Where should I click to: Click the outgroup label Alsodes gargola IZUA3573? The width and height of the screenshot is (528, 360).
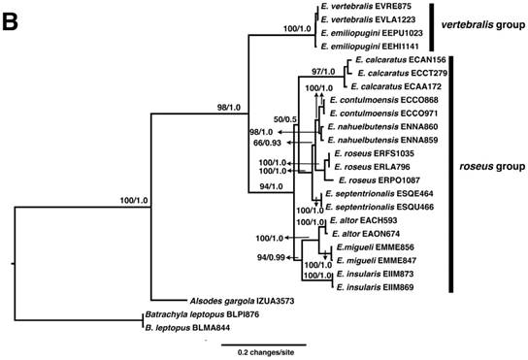click(x=234, y=303)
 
